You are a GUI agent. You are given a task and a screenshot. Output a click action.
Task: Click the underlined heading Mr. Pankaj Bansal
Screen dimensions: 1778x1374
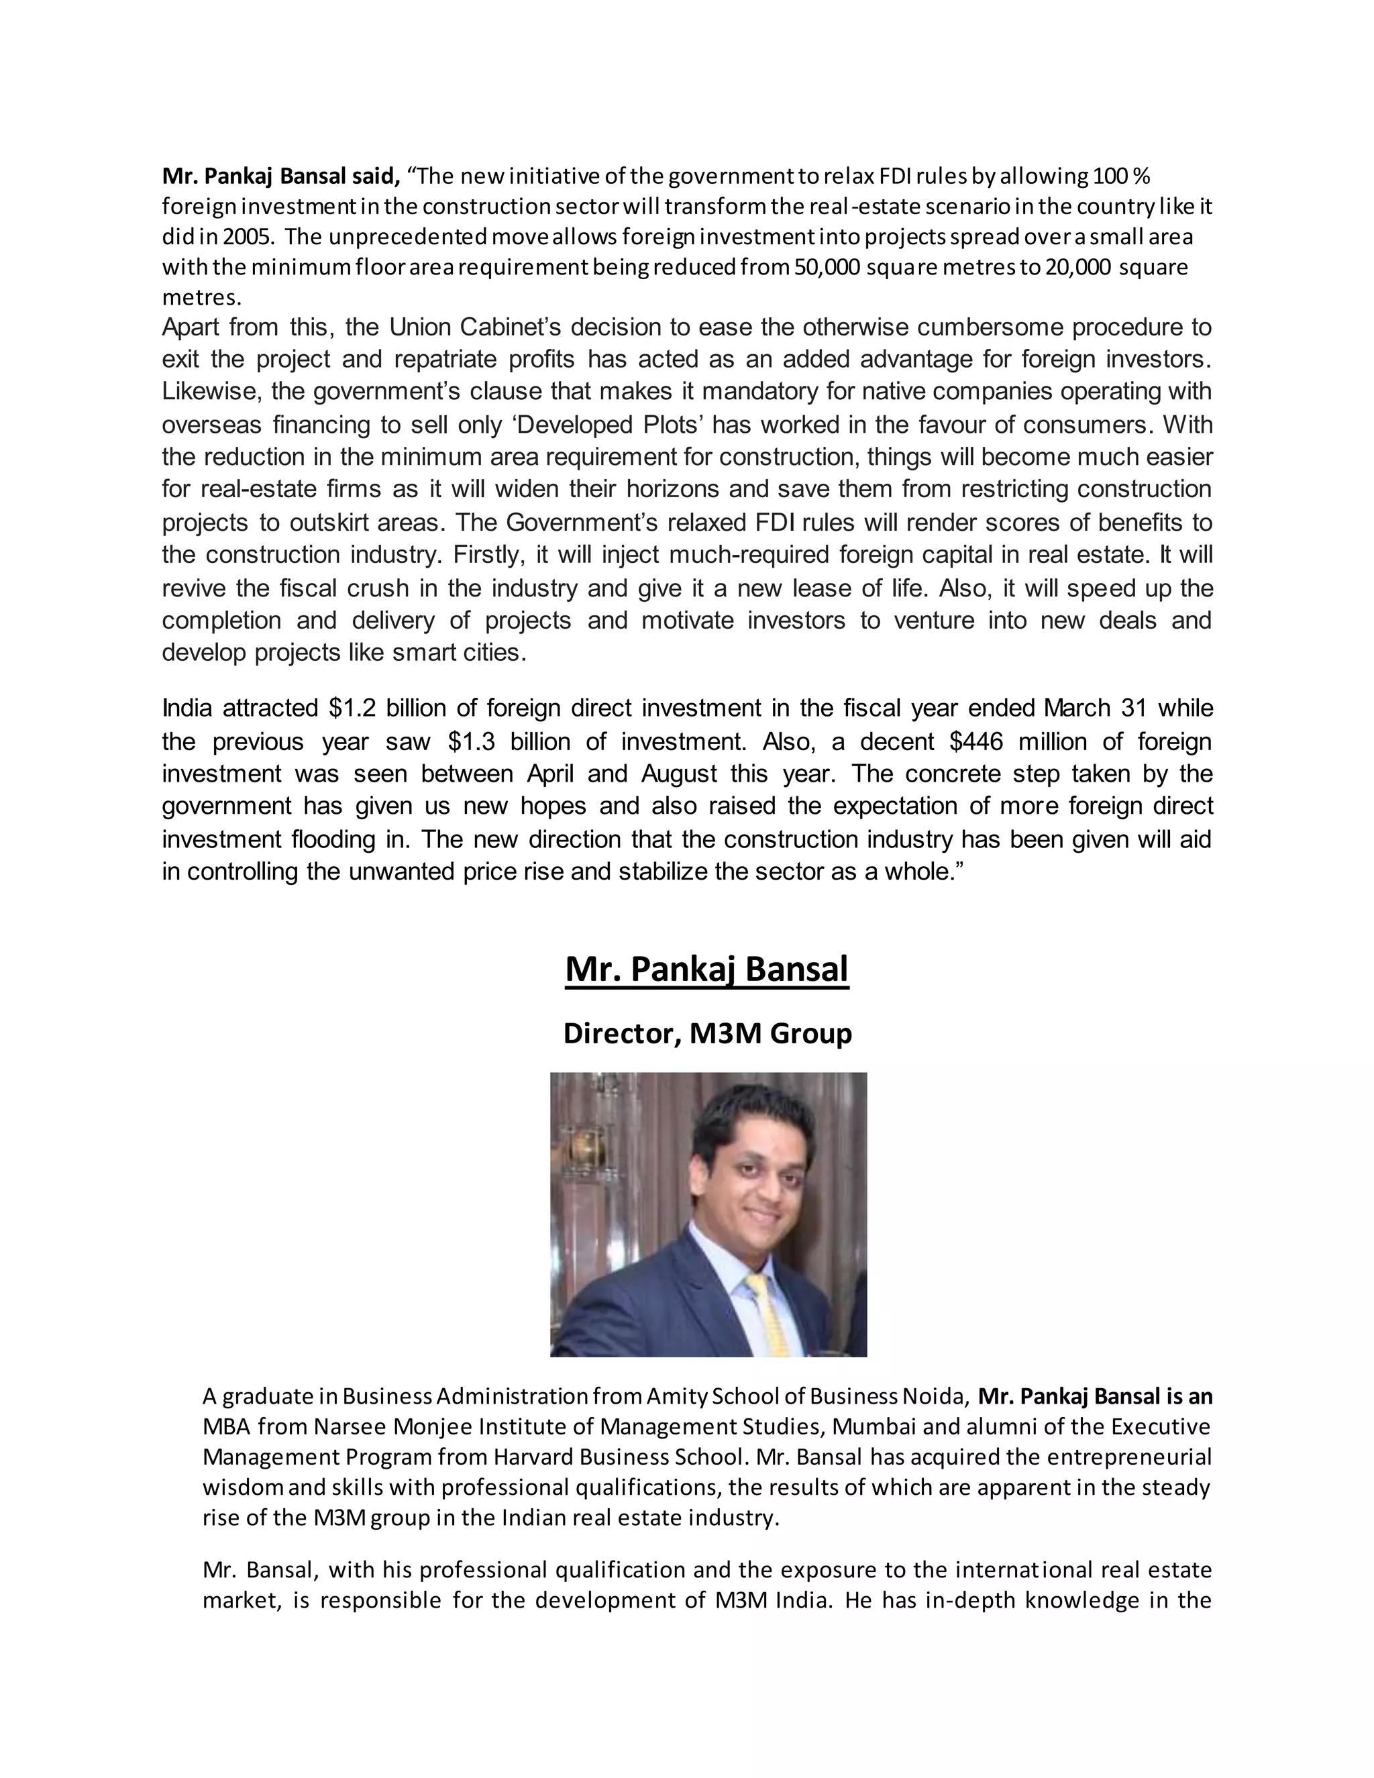[x=706, y=969]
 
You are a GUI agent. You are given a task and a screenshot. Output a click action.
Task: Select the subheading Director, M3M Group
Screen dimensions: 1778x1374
[x=706, y=1033]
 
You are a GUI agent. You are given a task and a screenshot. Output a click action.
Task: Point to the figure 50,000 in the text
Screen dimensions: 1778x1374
[x=825, y=267]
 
